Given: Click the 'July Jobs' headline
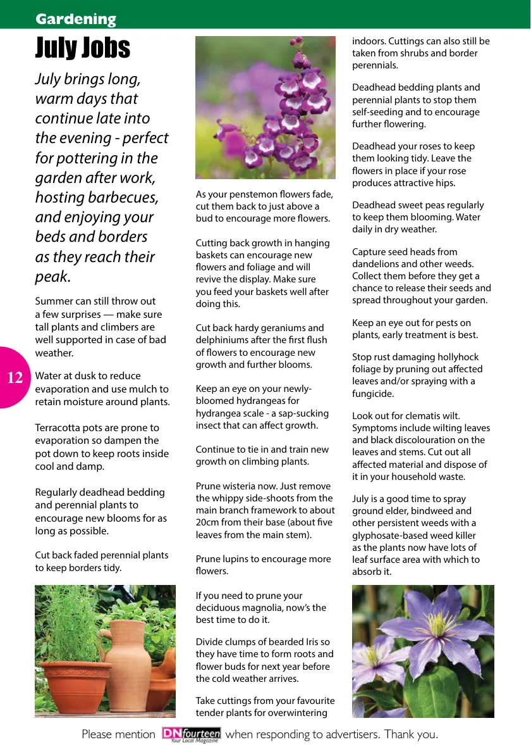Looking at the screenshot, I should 83,48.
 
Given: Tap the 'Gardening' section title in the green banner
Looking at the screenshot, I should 76,19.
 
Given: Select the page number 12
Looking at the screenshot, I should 15,379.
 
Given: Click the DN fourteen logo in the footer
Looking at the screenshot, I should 191,734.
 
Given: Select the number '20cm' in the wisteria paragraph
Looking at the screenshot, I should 208,523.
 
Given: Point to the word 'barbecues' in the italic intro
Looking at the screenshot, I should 125,198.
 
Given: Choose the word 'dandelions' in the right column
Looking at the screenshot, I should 377,264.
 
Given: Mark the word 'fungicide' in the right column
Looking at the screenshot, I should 373,394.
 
